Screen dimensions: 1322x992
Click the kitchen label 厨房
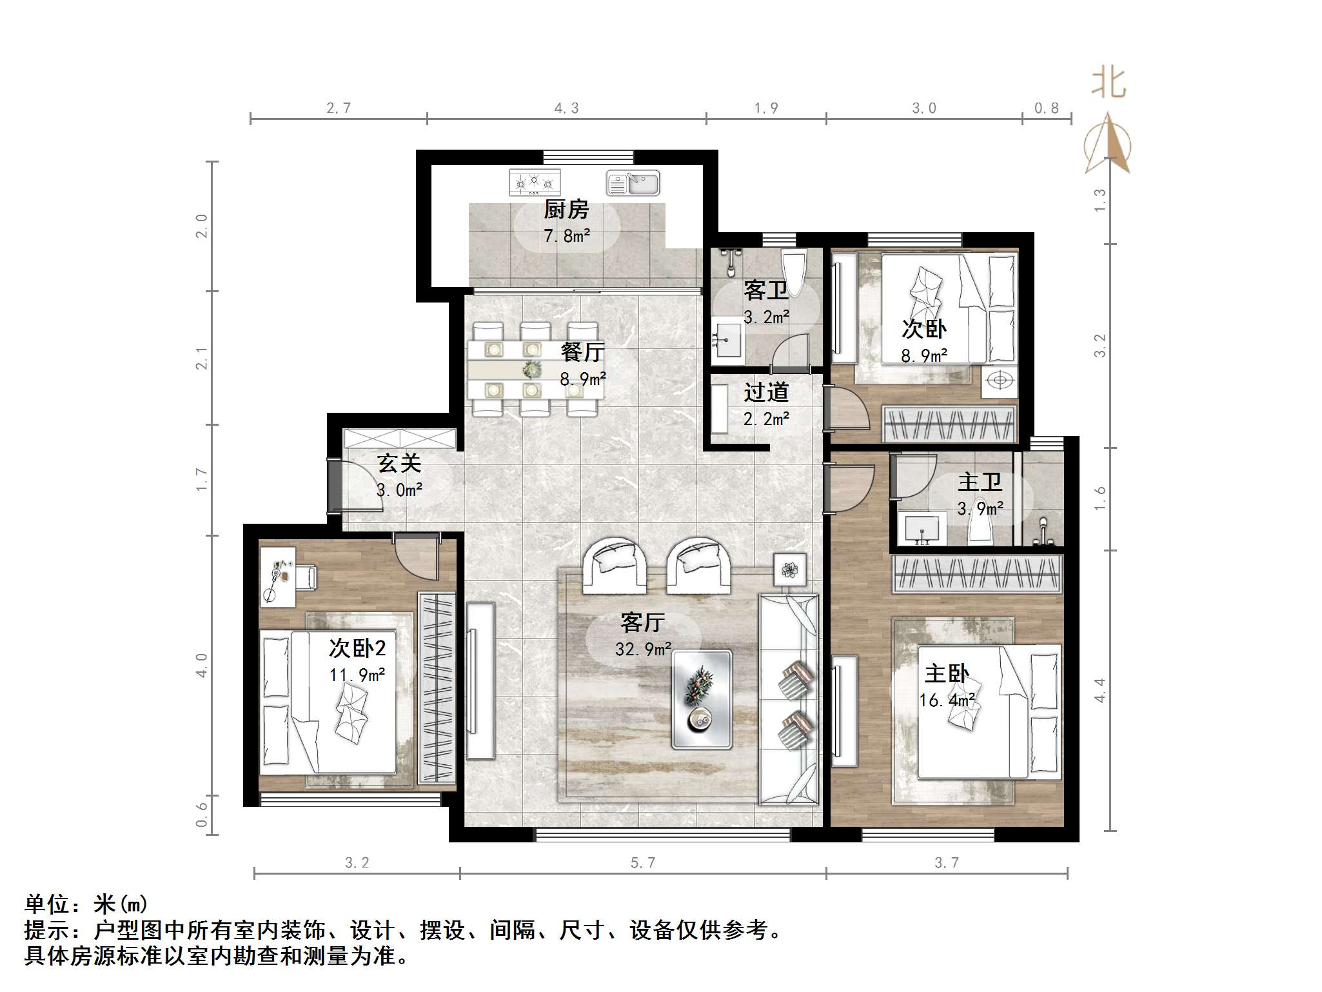pos(566,210)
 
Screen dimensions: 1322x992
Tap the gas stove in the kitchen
pos(535,183)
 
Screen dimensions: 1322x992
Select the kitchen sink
pos(633,183)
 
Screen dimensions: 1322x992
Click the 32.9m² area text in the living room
pos(643,649)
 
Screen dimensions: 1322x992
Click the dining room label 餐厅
pos(582,352)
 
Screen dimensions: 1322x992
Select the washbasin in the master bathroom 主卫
pos(923,530)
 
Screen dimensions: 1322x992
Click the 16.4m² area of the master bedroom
pos(947,700)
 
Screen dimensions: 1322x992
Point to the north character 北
pos(1108,83)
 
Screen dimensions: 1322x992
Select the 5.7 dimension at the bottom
pos(643,863)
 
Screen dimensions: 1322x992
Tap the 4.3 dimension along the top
pos(566,108)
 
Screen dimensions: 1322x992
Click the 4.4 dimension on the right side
pos(1100,691)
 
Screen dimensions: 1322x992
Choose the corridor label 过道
pos(766,392)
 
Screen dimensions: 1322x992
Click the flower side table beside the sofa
pos(790,570)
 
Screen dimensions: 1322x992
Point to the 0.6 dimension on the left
pos(202,815)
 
